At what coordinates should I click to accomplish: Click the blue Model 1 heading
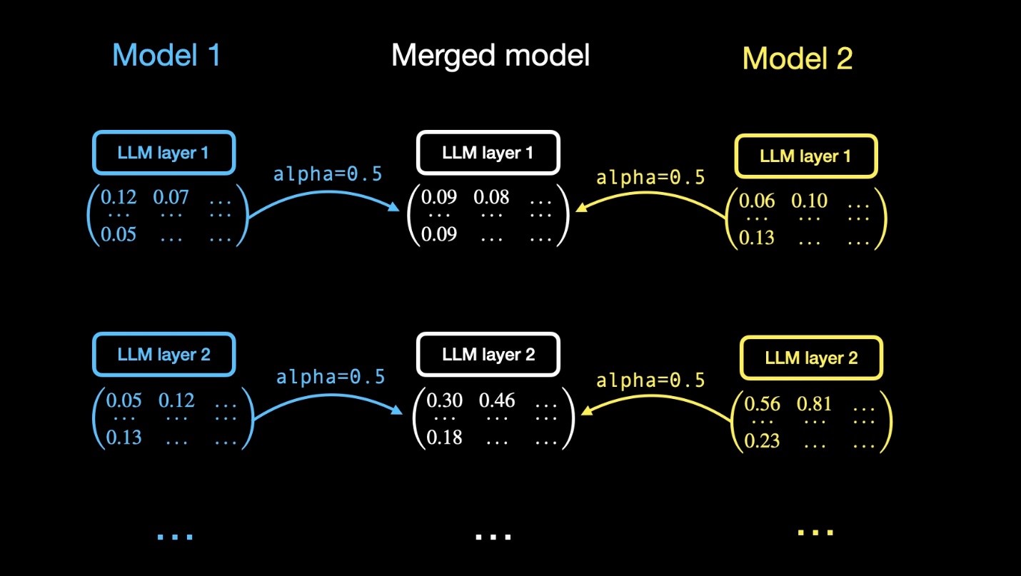166,55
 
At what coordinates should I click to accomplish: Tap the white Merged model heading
491,54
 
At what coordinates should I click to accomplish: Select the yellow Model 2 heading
798,58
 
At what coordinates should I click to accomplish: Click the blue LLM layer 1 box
164,152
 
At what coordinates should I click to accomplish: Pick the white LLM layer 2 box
488,354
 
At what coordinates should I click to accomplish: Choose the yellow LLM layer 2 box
811,358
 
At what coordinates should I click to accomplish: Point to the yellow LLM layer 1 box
805,156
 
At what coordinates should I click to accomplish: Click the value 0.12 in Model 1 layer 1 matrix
119,196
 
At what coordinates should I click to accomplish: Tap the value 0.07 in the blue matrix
171,196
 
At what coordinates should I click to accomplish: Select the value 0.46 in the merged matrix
497,400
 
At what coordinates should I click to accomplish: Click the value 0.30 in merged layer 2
444,400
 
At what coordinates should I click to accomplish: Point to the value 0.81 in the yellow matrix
815,405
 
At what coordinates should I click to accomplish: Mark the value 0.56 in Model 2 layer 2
762,405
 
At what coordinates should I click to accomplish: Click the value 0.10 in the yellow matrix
809,201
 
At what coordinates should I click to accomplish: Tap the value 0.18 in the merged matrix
444,437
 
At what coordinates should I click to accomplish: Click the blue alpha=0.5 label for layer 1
327,174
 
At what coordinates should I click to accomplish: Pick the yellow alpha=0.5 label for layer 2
650,380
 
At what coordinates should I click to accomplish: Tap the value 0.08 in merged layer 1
491,196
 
